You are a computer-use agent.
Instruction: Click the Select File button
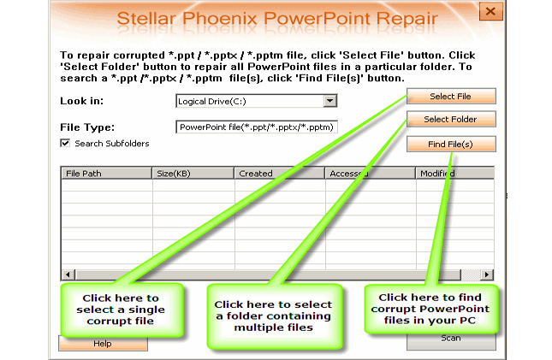pos(451,96)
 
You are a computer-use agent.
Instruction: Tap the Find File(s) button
pos(451,144)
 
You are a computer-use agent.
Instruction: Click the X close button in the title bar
pos(490,11)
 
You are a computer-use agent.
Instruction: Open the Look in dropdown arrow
pos(329,101)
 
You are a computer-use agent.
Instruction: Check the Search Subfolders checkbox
pos(65,143)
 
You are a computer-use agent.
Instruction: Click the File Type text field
pos(256,127)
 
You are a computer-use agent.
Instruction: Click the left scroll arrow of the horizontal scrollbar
pos(68,274)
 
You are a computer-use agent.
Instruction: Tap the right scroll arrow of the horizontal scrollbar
pos(486,274)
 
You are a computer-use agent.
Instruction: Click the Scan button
pos(451,340)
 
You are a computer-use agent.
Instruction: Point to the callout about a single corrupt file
pos(122,310)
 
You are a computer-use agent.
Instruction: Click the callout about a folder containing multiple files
pos(275,316)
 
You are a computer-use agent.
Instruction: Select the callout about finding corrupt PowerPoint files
pos(430,309)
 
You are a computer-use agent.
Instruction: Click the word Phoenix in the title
pos(220,18)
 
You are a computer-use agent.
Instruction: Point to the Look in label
pos(81,101)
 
